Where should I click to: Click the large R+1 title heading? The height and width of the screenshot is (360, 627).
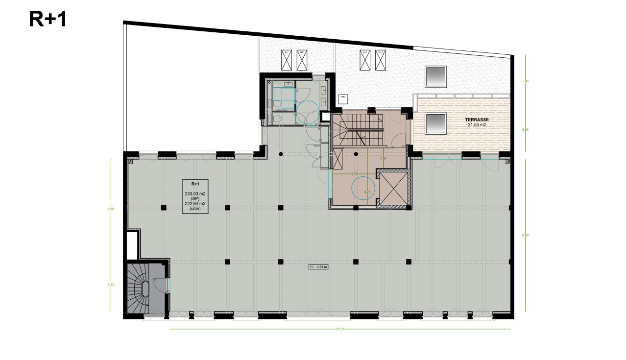click(x=48, y=19)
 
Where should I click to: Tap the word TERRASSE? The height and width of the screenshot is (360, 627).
click(x=477, y=120)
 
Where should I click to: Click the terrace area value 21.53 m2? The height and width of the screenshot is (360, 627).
click(x=477, y=125)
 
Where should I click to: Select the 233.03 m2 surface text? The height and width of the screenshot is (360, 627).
click(x=195, y=194)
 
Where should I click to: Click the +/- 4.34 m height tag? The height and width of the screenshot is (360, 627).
click(x=318, y=267)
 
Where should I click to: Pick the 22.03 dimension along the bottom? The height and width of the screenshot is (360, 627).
click(x=340, y=329)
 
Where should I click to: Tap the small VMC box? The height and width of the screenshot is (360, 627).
click(x=343, y=97)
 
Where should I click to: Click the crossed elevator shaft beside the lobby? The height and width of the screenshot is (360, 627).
click(x=393, y=189)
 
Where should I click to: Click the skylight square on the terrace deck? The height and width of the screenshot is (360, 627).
click(x=435, y=123)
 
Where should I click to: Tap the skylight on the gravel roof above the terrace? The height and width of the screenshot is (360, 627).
click(x=435, y=76)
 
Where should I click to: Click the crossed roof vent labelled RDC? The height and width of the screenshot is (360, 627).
click(x=302, y=60)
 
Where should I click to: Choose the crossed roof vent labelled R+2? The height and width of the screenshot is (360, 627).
click(x=381, y=60)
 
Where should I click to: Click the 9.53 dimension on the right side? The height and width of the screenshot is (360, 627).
click(x=525, y=235)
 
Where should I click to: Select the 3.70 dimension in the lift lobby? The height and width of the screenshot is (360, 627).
click(x=367, y=192)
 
